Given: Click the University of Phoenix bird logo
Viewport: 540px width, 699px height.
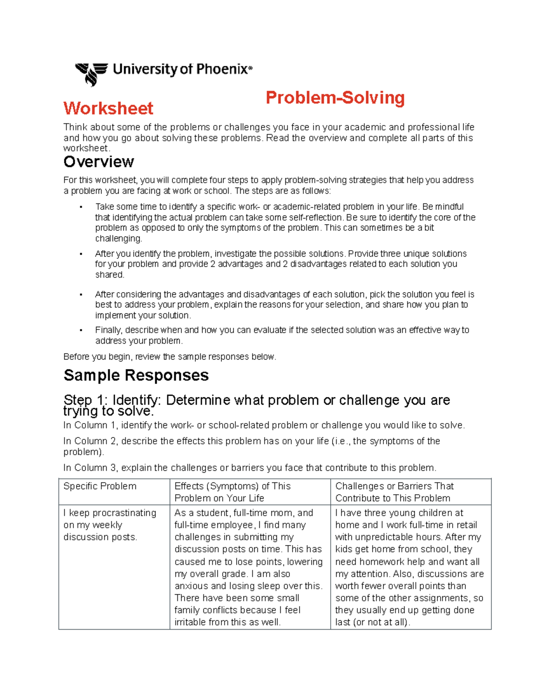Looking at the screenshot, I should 91,73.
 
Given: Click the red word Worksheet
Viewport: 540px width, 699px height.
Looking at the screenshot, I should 108,108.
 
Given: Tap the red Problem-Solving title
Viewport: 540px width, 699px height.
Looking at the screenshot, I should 335,98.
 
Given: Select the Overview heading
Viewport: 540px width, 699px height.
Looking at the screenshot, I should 99,162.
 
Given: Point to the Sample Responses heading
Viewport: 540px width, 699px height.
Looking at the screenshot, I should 136,375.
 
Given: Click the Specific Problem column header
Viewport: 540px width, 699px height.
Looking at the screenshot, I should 100,486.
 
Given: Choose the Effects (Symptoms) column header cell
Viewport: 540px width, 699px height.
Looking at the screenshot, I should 232,492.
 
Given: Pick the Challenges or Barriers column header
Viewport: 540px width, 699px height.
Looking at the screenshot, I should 394,492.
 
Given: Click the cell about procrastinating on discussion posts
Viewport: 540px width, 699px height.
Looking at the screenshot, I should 110,525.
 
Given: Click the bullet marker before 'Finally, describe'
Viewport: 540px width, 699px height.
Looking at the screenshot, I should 81,330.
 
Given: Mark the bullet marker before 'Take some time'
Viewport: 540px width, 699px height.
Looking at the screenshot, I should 81,207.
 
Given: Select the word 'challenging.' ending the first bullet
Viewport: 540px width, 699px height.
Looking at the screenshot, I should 118,239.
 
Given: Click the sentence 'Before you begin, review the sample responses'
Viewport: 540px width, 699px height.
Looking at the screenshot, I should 169,356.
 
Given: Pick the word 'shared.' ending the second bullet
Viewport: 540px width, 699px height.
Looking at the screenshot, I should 109,275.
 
